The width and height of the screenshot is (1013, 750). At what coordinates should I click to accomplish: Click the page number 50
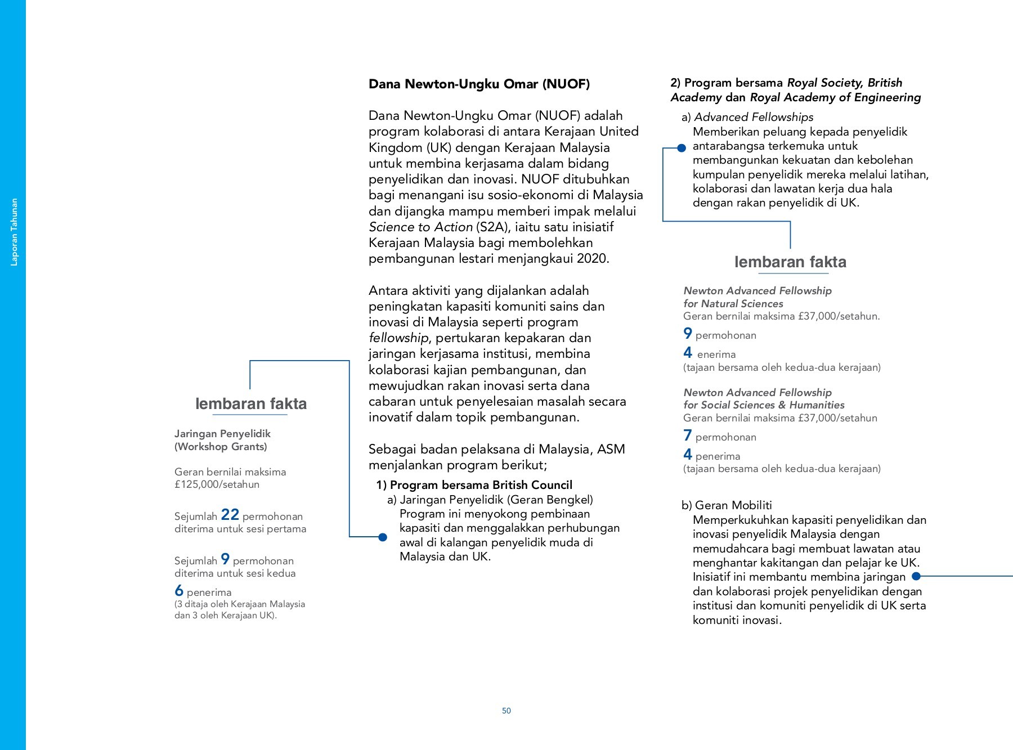[x=507, y=711]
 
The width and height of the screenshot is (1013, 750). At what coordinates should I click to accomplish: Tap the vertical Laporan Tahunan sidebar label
[x=15, y=232]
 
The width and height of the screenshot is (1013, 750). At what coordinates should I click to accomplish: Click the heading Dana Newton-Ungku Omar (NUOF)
[x=479, y=84]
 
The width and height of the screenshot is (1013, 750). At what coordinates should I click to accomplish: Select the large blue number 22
[x=230, y=514]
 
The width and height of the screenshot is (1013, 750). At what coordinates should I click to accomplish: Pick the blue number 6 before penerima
[x=179, y=590]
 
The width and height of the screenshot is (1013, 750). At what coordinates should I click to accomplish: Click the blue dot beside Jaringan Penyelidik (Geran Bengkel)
[x=383, y=537]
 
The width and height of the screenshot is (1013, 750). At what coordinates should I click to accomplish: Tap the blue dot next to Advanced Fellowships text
[x=682, y=148]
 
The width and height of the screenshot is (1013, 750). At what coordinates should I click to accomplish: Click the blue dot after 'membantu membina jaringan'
[x=916, y=576]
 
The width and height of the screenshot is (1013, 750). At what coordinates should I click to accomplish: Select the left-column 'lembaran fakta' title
[x=251, y=403]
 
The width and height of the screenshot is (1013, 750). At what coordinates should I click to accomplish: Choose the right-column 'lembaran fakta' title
[x=790, y=262]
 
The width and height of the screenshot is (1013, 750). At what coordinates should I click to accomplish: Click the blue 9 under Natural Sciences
[x=688, y=333]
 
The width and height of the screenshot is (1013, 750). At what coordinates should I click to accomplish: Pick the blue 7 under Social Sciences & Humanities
[x=688, y=435]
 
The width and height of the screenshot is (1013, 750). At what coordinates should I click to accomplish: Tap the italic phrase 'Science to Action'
[x=420, y=227]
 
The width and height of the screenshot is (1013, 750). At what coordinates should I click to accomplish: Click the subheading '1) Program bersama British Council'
[x=474, y=485]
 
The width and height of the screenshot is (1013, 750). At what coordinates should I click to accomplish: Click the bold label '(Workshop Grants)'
[x=221, y=447]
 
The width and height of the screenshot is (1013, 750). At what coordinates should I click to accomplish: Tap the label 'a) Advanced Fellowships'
[x=747, y=117]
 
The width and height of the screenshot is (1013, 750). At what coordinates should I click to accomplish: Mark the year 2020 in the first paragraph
[x=593, y=259]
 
